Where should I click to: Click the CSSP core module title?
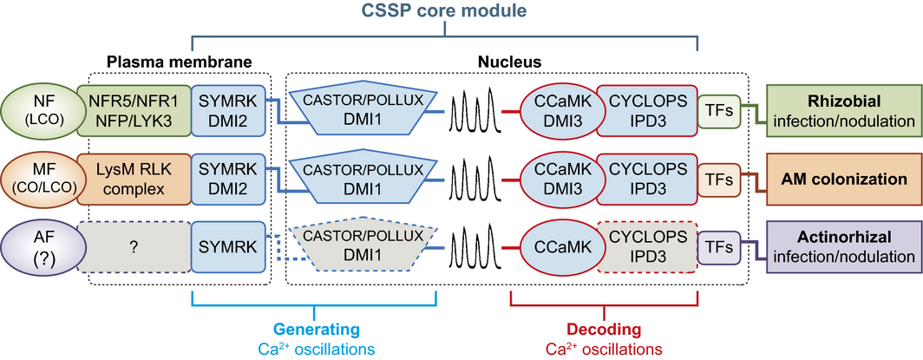coord(445,12)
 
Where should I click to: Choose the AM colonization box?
coord(842,179)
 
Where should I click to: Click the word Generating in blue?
coord(316,330)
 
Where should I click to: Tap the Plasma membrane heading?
coord(178,62)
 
